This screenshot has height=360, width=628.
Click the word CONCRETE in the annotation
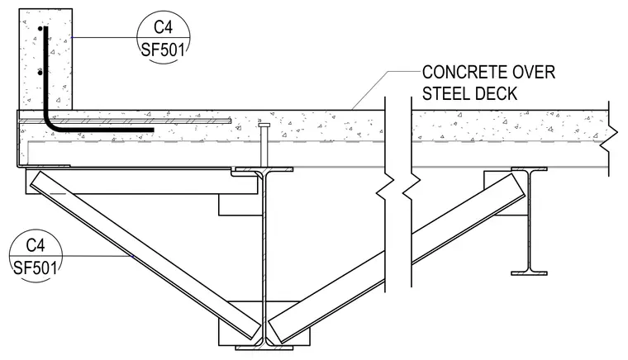click(x=458, y=73)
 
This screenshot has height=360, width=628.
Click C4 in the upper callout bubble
click(x=164, y=27)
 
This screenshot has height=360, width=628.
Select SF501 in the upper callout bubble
click(x=164, y=50)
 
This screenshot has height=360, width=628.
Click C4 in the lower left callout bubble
click(x=36, y=244)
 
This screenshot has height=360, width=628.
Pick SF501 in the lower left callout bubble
click(x=36, y=268)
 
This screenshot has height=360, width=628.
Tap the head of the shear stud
click(x=264, y=126)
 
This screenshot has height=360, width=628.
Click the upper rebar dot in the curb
click(x=40, y=28)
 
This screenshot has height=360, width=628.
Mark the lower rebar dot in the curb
click(x=40, y=73)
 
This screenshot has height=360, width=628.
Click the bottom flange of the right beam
click(x=529, y=273)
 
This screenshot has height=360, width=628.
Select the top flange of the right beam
click(x=529, y=169)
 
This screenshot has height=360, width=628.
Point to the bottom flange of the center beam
click(x=264, y=348)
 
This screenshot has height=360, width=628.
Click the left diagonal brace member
click(x=145, y=254)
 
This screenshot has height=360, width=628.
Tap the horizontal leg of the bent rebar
click(x=104, y=130)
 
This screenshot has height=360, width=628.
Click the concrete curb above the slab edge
click(x=45, y=59)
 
